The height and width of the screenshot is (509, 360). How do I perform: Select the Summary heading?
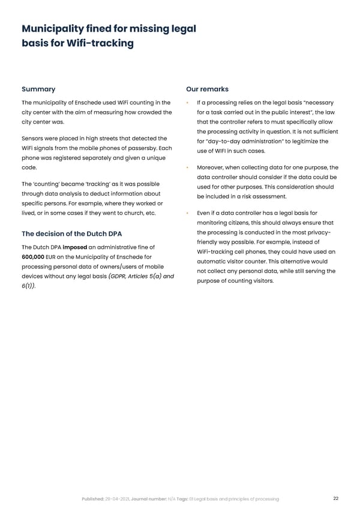coord(38,89)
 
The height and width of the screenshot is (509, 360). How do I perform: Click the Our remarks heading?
coord(208,89)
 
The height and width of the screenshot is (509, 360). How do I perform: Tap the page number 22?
coord(336,498)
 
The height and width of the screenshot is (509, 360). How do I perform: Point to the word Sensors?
coord(34,139)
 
